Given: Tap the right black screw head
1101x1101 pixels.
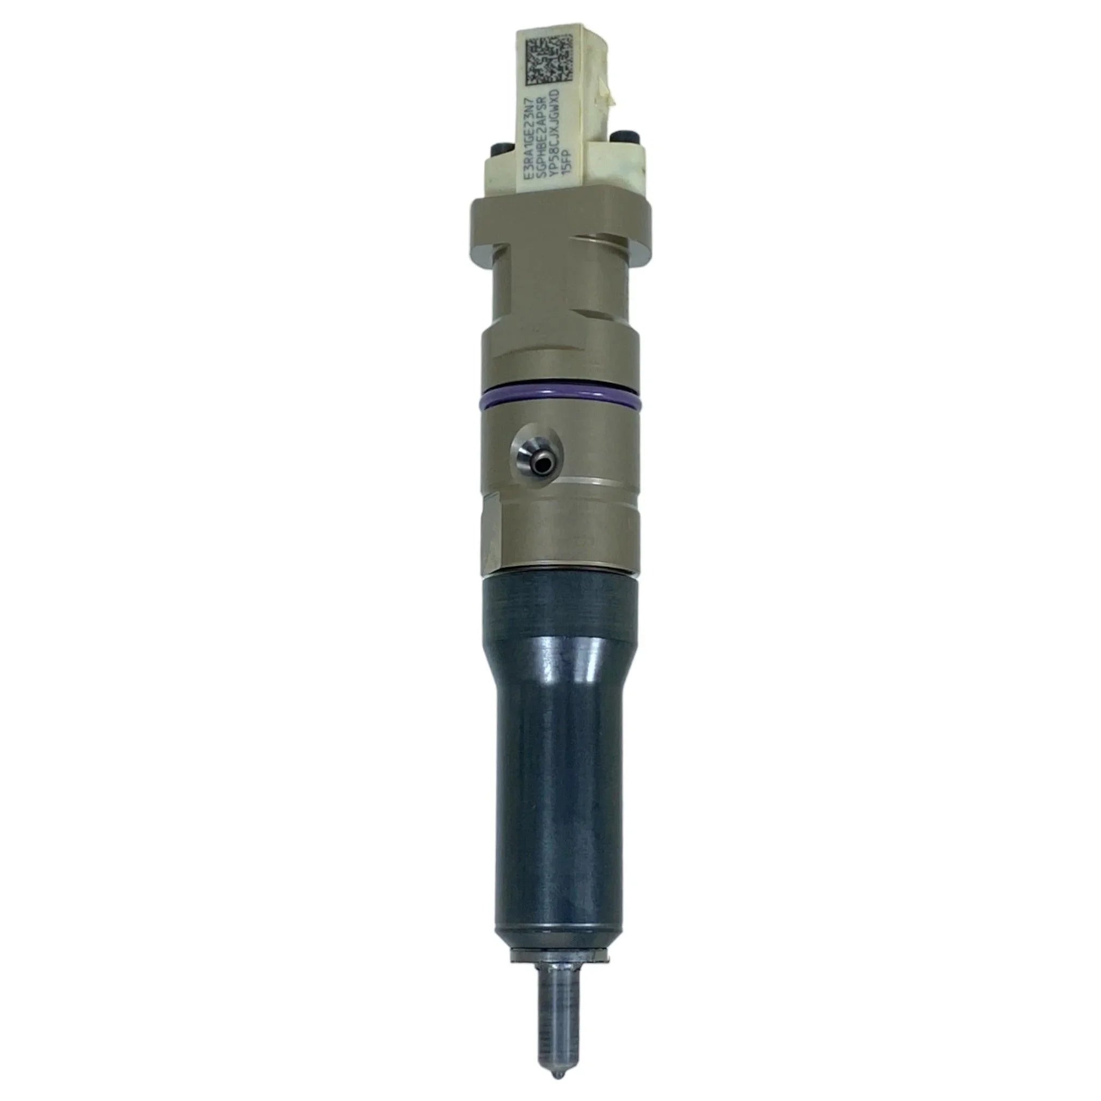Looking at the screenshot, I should point(620,137).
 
